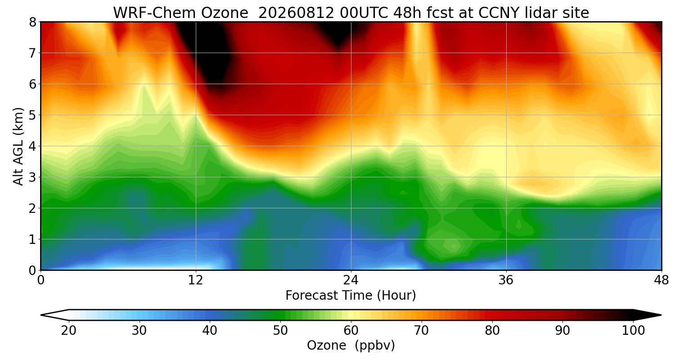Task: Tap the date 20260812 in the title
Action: (x=296, y=13)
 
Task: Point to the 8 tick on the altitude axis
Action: (x=32, y=22)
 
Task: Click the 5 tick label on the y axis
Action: (x=32, y=115)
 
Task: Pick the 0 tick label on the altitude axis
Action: (x=32, y=270)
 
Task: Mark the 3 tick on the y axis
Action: (x=32, y=177)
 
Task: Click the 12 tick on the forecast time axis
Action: (x=196, y=280)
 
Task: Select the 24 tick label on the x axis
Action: (x=351, y=280)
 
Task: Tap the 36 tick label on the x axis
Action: (x=506, y=280)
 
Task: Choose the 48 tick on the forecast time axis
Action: (x=661, y=280)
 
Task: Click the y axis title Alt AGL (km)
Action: (x=18, y=146)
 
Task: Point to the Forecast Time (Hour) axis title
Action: (x=351, y=295)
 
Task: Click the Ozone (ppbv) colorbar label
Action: (x=351, y=345)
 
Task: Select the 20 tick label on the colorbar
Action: (x=68, y=331)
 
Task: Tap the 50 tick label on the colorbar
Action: (x=280, y=331)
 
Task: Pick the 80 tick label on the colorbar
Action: (x=492, y=331)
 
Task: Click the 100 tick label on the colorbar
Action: (x=634, y=331)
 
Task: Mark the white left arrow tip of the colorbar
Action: (x=41, y=315)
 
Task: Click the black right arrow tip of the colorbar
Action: (x=661, y=315)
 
